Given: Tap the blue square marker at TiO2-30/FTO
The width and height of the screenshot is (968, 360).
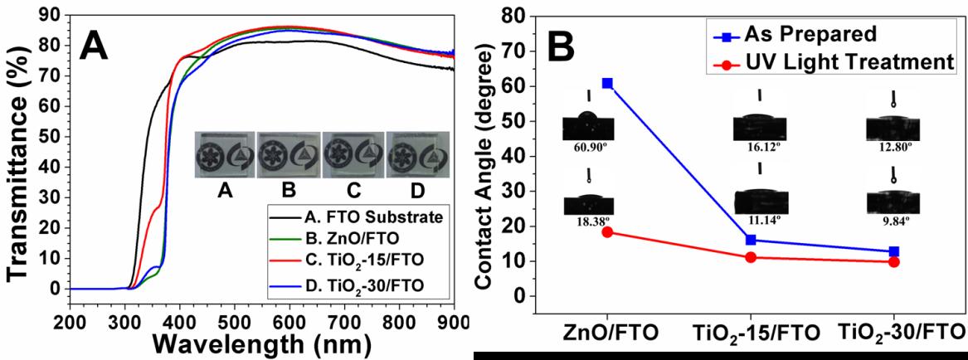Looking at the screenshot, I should [894, 251].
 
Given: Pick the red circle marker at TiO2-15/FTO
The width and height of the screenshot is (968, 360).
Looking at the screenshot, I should [727, 257].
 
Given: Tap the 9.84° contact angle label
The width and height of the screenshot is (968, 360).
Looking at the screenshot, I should [893, 221].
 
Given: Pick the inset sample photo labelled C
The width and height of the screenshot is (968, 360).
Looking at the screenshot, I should [353, 156].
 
